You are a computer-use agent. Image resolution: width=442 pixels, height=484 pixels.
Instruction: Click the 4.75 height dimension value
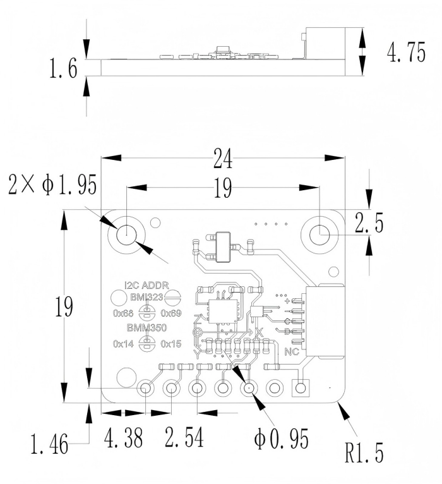click(x=406, y=52)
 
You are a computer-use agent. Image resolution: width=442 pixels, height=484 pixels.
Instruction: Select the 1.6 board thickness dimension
click(x=63, y=68)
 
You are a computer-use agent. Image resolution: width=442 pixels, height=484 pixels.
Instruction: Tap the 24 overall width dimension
click(x=223, y=159)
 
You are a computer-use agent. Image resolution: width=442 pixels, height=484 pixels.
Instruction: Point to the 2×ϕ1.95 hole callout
click(x=52, y=185)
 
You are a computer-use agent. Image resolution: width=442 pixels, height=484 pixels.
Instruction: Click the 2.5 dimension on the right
click(x=369, y=222)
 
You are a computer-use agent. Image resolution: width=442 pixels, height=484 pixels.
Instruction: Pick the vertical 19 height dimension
click(x=64, y=306)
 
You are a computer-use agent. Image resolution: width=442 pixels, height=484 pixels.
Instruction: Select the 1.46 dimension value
click(x=49, y=444)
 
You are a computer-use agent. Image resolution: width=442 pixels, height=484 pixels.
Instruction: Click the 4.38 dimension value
click(x=123, y=437)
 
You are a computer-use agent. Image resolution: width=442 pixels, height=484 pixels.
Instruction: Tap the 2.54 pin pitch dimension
click(x=184, y=437)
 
